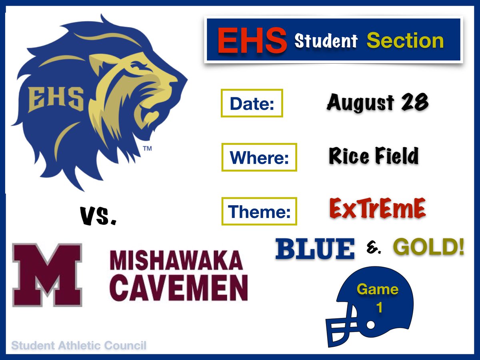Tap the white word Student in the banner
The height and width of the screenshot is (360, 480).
click(x=326, y=40)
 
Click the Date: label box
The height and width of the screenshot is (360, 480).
click(x=252, y=103)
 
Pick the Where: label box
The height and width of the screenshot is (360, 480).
click(x=259, y=157)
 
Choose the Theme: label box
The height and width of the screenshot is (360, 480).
click(x=259, y=211)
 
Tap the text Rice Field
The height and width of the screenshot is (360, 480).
click(x=374, y=156)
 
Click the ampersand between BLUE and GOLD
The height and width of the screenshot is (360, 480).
click(x=374, y=250)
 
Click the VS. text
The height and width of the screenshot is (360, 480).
click(x=98, y=216)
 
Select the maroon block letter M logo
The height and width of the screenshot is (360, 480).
click(x=47, y=275)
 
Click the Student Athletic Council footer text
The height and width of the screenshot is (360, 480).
click(x=79, y=345)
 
